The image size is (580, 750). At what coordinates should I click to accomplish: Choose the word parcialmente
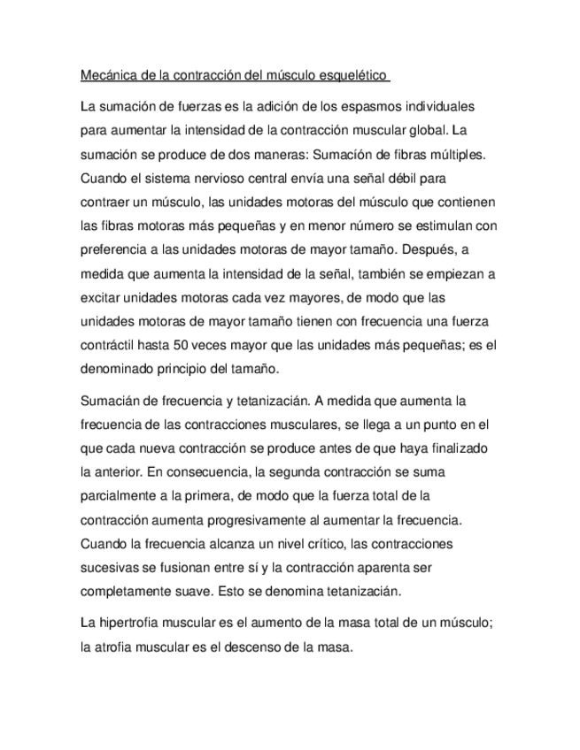(122, 495)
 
